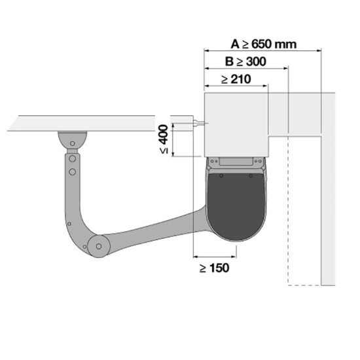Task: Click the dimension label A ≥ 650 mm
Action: point(263,44)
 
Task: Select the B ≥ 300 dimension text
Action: point(245,62)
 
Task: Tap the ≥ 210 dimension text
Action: point(236,79)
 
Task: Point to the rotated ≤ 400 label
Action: point(164,139)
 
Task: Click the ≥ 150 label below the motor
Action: point(214,268)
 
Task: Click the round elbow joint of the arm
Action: point(99,246)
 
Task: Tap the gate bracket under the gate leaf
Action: point(72,140)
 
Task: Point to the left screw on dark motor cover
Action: point(221,176)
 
